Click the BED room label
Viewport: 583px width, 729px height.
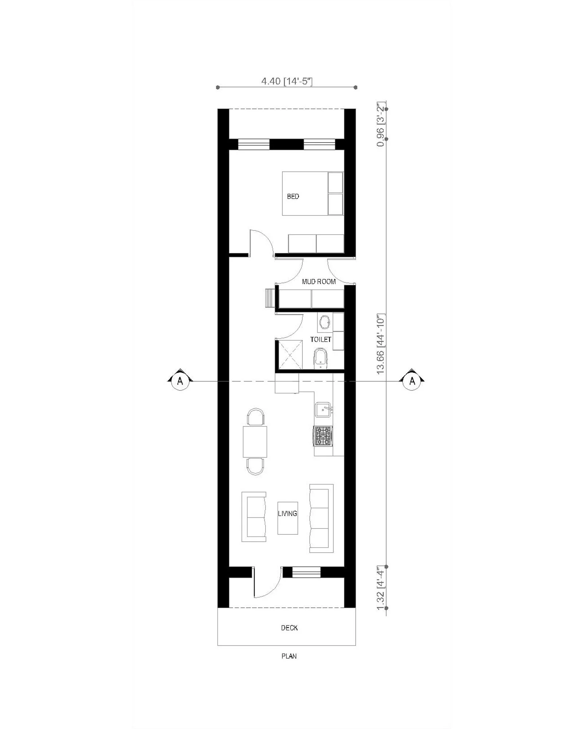point(293,196)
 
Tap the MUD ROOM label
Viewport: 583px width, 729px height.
point(319,282)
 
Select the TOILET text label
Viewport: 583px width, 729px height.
point(321,339)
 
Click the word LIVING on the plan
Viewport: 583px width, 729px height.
point(287,514)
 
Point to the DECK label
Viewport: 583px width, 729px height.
point(289,628)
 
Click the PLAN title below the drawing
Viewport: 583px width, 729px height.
point(289,656)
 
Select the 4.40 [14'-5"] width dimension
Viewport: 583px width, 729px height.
point(287,81)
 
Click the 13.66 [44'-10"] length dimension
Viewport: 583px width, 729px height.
point(381,344)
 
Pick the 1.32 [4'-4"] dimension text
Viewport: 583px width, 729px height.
point(381,588)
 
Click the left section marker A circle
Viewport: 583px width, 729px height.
point(180,381)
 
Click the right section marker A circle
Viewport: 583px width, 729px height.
point(412,381)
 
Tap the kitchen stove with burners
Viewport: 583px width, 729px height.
point(323,436)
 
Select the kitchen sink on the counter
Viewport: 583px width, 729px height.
point(323,410)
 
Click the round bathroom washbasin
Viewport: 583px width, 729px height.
point(324,322)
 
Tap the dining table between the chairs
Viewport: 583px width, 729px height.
point(255,441)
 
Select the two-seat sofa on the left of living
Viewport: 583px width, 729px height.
point(254,516)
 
